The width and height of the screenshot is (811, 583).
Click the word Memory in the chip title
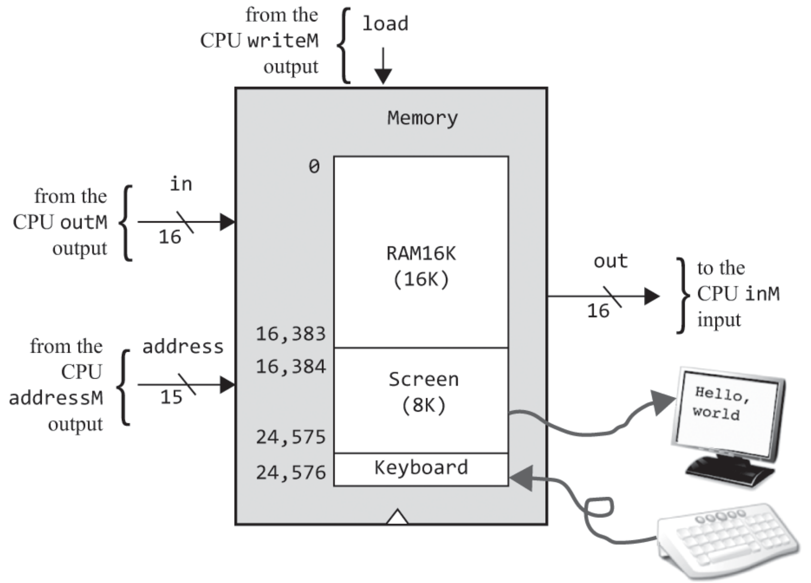422,118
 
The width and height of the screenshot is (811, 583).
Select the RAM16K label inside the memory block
421,253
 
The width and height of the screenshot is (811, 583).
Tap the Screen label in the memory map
423,380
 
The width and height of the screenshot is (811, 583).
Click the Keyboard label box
421,468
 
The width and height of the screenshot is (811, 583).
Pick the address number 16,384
290,367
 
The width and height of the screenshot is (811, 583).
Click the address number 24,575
290,437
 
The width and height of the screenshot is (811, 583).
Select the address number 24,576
290,473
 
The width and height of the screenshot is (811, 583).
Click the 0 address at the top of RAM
314,167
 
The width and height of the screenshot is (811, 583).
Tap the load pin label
385,24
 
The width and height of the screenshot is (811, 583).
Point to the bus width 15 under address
171,397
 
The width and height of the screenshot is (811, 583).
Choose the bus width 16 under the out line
598,311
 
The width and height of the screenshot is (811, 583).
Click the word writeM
283,41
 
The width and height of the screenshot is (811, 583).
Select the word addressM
56,398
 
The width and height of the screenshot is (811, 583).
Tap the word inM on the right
763,294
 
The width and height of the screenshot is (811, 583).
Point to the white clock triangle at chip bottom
397,517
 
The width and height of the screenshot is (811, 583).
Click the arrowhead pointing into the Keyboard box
521,478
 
